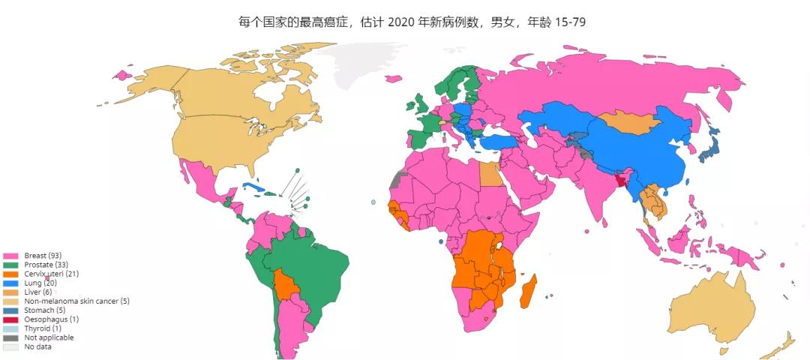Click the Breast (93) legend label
42,256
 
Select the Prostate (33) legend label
46,265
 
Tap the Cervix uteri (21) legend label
51,274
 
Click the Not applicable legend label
49,337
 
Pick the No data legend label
37,346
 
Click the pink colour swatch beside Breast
10,256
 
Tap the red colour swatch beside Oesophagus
10,319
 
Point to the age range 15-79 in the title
569,22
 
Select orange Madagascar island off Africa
530,291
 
